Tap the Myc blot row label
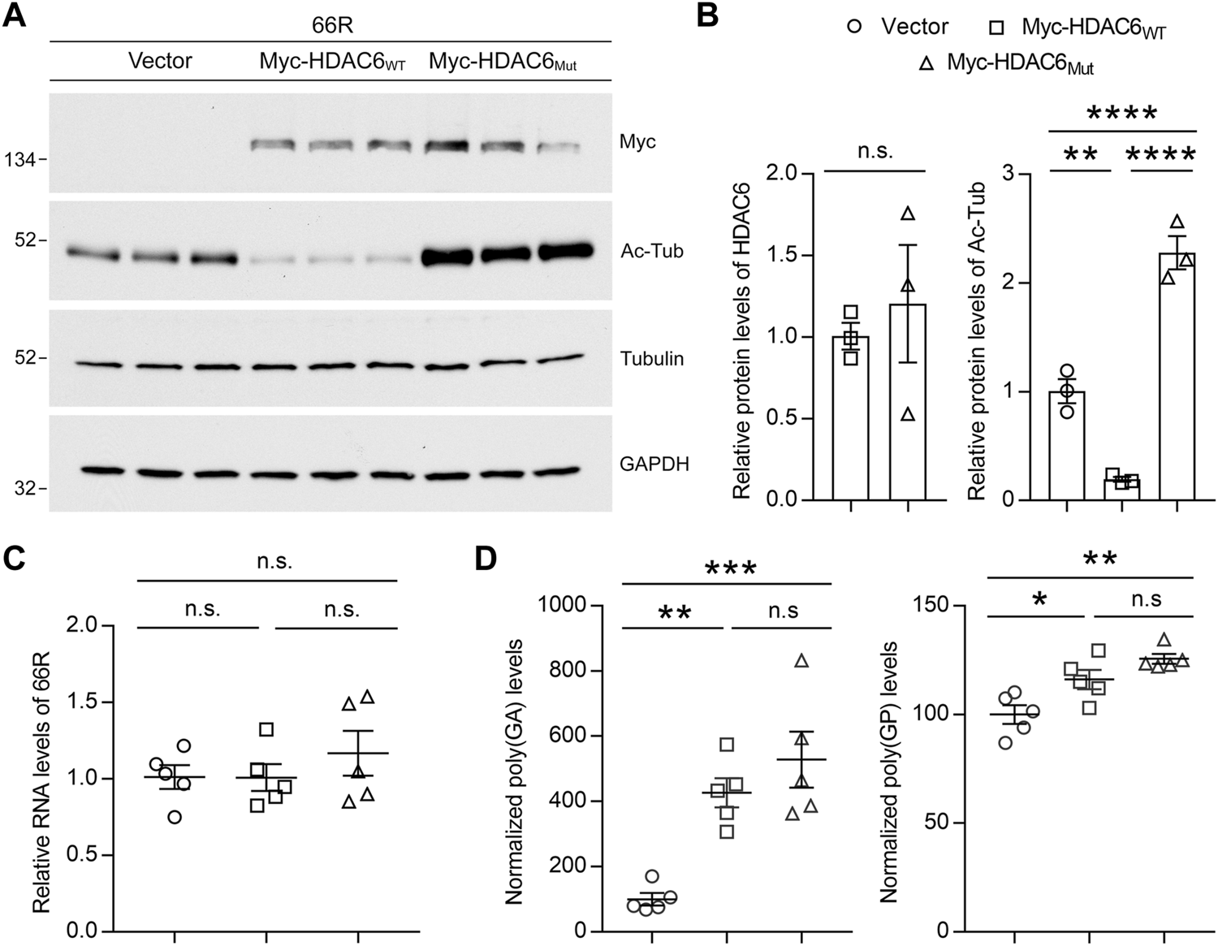click(x=637, y=142)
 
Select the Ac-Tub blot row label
click(x=651, y=252)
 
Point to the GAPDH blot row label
click(x=654, y=464)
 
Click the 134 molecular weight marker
click(x=21, y=161)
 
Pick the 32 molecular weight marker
click(x=26, y=489)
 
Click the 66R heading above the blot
click(x=332, y=26)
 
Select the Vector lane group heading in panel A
click(x=160, y=62)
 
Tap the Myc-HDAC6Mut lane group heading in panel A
click(x=503, y=63)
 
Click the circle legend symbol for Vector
click(x=853, y=27)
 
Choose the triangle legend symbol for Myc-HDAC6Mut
click(x=925, y=64)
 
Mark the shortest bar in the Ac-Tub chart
click(x=1121, y=489)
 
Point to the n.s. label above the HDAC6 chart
click(x=875, y=151)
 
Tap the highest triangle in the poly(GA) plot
click(x=801, y=661)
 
